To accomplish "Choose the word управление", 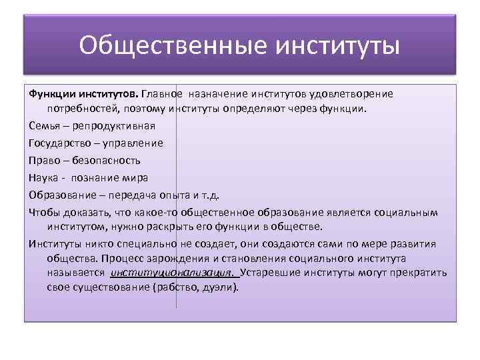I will (x=132, y=143).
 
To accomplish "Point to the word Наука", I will (x=43, y=177).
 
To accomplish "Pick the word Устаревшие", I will (x=270, y=273).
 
